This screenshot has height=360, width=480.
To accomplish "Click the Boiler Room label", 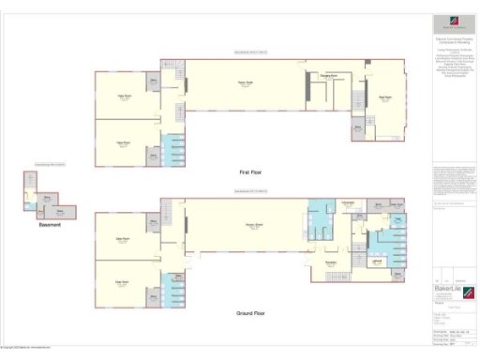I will [x=395, y=203].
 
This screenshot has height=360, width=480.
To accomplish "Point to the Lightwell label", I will [x=374, y=263].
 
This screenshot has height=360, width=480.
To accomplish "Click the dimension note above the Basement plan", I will [x=50, y=165].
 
